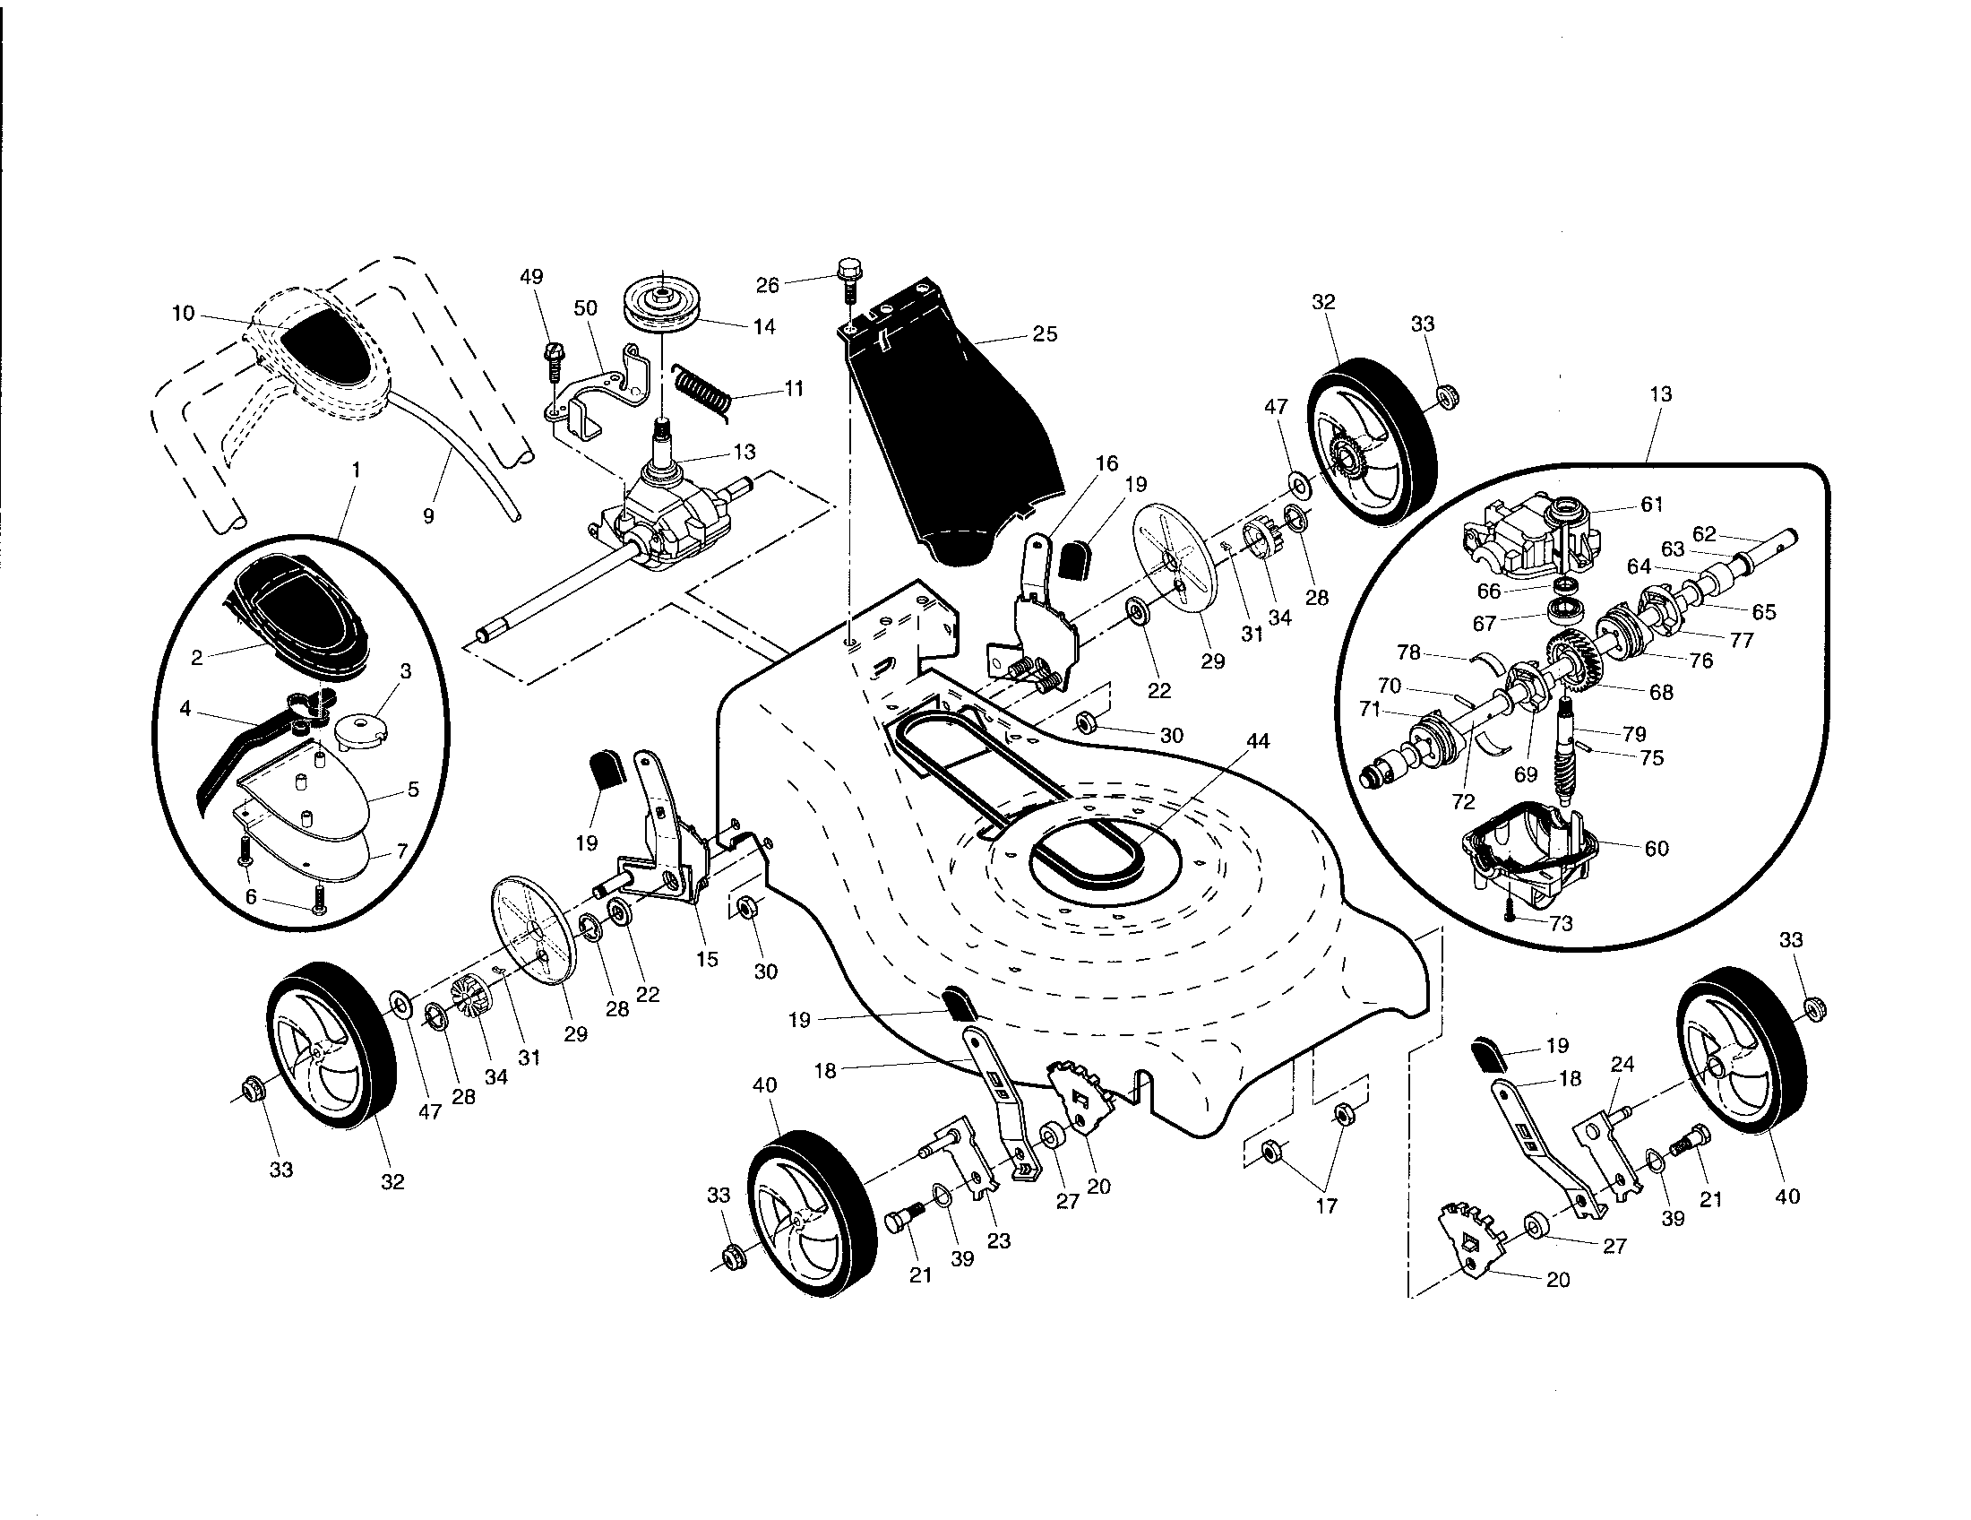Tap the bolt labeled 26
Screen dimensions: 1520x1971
(848, 279)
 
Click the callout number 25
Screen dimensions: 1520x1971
(1045, 334)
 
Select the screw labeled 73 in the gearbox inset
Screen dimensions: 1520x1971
(1510, 916)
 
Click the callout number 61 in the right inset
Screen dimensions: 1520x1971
(1652, 505)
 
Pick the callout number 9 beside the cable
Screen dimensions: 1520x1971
(428, 515)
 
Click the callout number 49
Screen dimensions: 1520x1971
(532, 277)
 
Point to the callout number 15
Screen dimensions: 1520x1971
(707, 960)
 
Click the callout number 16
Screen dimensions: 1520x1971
(1107, 463)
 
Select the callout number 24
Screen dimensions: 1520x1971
(1622, 1064)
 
